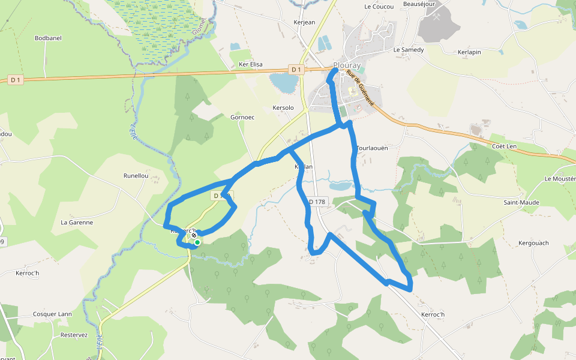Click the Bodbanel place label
(48, 38)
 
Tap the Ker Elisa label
(251, 64)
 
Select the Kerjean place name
(304, 22)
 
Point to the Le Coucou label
(379, 7)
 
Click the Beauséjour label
(418, 4)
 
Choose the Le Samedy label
(409, 50)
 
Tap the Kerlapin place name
(469, 52)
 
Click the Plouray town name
(348, 65)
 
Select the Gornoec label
(242, 117)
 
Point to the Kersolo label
(283, 108)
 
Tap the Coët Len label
(504, 146)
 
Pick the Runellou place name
(136, 176)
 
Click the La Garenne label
(77, 222)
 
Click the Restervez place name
(74, 335)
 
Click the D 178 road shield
(317, 202)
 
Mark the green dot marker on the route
(197, 242)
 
